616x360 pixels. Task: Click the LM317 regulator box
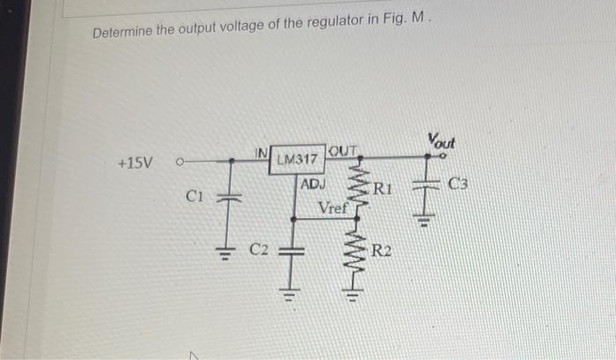coord(297,159)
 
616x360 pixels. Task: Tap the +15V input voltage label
coord(136,163)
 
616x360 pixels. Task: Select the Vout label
coord(442,141)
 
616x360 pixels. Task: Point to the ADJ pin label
coord(312,184)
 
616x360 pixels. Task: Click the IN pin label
coord(261,152)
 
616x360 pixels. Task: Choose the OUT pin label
coord(343,151)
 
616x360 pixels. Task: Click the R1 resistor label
coord(382,189)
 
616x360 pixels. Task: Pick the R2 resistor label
coord(381,250)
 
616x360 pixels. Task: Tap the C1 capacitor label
coord(194,195)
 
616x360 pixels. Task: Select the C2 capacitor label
coord(259,249)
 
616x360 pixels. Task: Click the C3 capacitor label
coord(458,184)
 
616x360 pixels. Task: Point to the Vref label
coord(334,208)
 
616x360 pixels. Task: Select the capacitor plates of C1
coord(229,197)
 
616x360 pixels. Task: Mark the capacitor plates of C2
coord(291,251)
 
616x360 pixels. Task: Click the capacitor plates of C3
coord(425,184)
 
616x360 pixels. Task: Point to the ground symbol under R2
coord(352,294)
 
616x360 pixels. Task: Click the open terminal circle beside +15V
coord(180,162)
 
